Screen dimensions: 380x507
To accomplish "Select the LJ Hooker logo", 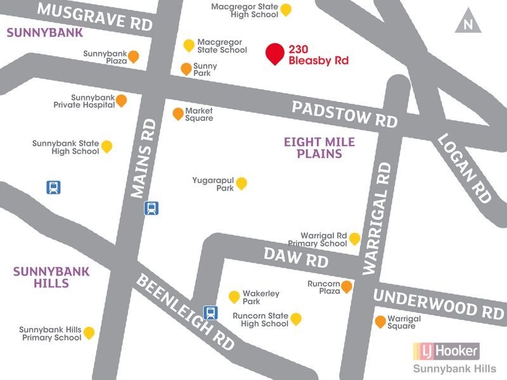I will tap(446, 350).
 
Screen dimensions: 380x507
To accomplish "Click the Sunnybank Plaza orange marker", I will tap(133, 57).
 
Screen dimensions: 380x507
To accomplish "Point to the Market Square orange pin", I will tap(178, 113).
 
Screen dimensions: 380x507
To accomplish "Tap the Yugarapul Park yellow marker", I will tap(241, 183).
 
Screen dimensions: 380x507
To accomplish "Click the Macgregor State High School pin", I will tap(286, 9).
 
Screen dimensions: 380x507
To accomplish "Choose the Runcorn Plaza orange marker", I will tap(347, 287).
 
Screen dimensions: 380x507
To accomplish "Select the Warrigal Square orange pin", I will tap(380, 321).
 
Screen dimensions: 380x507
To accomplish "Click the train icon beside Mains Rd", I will tap(151, 208).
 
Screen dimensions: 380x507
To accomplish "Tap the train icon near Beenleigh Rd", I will tap(210, 312).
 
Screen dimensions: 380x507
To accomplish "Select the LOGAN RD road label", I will tap(465, 168).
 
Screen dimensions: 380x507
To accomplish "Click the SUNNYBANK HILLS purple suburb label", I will tap(41, 277).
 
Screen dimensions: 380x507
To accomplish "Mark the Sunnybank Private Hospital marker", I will tap(120, 100).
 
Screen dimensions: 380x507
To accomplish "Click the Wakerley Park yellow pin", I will tap(234, 296).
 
